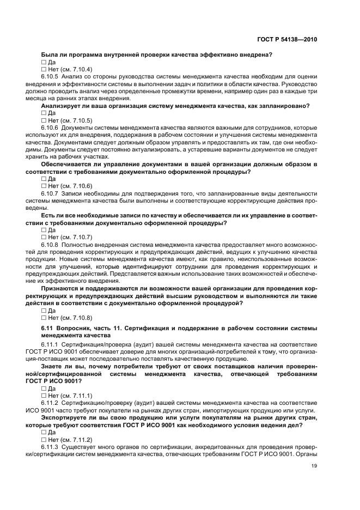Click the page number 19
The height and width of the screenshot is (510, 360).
[x=314, y=465]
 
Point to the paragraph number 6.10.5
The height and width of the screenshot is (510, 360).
[x=51, y=77]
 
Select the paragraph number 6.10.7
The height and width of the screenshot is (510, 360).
[x=51, y=193]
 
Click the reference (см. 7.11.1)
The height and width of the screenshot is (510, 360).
[x=76, y=396]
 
